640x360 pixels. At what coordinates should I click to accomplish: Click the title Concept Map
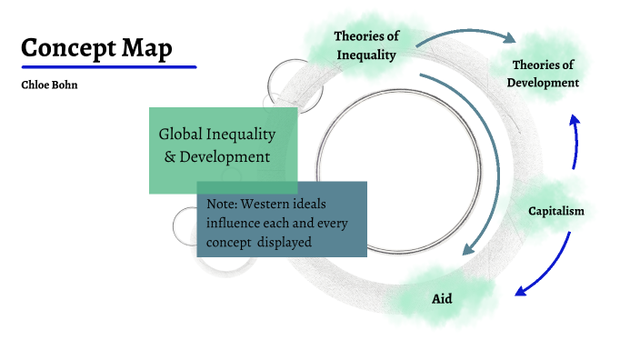96,47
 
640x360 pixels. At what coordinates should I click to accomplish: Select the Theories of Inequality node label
366,45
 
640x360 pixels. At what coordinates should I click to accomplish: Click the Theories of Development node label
543,74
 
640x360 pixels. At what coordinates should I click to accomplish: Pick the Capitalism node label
556,211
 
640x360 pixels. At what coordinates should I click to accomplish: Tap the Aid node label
442,298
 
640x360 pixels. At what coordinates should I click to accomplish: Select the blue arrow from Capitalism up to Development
575,141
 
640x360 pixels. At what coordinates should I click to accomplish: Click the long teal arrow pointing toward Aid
496,164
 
